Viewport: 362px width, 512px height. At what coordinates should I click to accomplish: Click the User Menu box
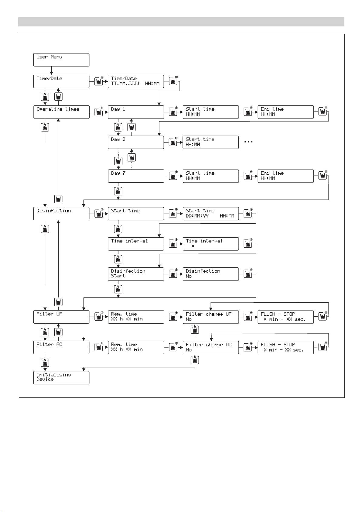[61, 60]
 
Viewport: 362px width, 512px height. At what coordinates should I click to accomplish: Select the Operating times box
[61, 112]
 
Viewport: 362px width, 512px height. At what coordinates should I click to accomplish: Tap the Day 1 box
[136, 112]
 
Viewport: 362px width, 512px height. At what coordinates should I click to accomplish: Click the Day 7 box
[136, 176]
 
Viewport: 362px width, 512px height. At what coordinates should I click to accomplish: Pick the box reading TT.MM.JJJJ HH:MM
[136, 81]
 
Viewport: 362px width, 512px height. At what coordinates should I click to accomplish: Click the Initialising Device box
[61, 377]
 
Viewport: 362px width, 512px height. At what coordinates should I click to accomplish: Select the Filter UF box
[61, 317]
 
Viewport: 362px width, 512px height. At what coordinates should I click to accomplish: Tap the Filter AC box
[61, 347]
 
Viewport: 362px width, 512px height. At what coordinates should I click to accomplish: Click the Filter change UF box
[210, 317]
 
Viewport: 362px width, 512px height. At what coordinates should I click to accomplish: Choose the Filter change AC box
[210, 347]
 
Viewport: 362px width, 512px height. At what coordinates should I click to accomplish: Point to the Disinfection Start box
[136, 274]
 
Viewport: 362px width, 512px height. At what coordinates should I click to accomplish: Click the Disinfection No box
[210, 274]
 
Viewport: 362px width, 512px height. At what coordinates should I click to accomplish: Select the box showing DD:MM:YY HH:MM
[210, 214]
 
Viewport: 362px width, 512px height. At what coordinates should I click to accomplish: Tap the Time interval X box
[210, 244]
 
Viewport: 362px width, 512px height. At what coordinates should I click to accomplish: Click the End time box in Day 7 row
[285, 176]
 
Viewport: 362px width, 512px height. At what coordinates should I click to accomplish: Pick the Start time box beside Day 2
[210, 142]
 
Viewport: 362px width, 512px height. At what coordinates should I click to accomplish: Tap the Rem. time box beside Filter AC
[136, 347]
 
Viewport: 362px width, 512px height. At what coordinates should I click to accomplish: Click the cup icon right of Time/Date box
[98, 81]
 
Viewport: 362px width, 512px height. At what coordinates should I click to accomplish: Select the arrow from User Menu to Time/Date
[51, 70]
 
